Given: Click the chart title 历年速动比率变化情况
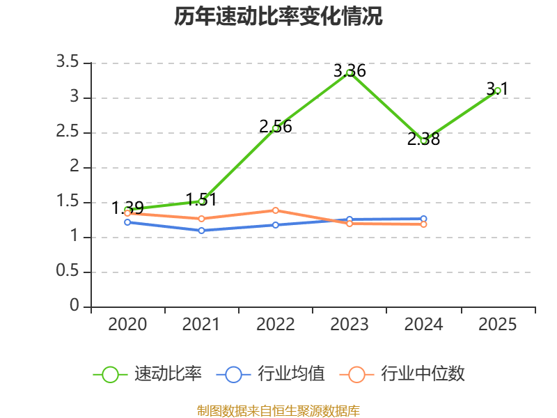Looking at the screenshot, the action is click(278, 16).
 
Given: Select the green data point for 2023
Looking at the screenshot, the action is click(350, 73).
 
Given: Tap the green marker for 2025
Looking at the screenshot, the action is click(497, 91).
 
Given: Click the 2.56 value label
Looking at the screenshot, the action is click(275, 127).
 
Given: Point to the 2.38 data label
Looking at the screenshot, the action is click(423, 139).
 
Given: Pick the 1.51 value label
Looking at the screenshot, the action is click(201, 200).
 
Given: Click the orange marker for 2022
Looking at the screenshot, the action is click(275, 210).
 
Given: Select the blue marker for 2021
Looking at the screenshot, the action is click(201, 231).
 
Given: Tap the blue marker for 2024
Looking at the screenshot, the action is click(423, 219).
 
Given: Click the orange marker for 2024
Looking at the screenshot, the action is click(423, 224).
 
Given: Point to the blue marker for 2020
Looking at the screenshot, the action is click(127, 222).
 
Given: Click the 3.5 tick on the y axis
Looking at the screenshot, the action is click(68, 62).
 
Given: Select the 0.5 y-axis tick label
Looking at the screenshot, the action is click(68, 271).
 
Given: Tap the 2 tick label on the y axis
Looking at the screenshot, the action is click(74, 167).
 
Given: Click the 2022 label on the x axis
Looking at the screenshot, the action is click(275, 325).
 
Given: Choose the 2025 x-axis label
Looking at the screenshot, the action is click(497, 325).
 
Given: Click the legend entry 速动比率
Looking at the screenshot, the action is click(148, 374).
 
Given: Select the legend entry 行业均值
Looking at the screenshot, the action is click(270, 374).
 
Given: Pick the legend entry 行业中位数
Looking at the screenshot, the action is click(402, 374).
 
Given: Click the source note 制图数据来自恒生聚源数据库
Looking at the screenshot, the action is click(278, 411).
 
